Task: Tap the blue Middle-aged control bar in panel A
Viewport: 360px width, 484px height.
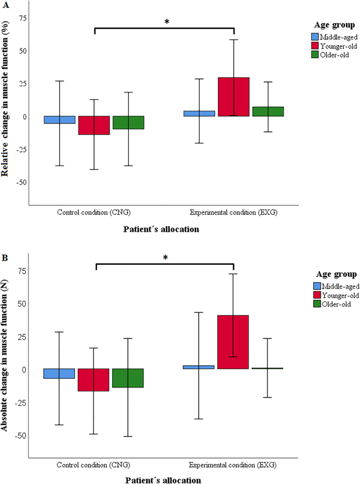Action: point(59,120)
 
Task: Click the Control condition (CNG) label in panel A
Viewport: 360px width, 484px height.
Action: point(94,213)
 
